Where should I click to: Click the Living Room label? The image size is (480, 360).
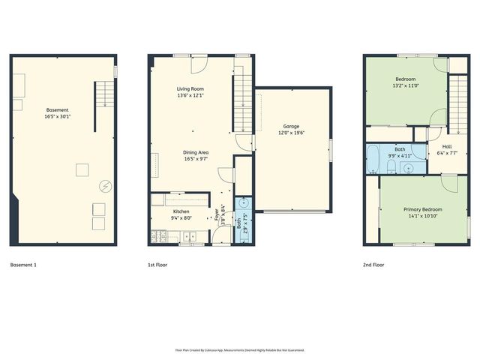point(190,88)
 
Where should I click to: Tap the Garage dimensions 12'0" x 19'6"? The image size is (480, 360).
point(292,133)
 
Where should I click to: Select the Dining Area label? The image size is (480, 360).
point(196,153)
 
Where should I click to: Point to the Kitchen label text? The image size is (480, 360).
point(181,211)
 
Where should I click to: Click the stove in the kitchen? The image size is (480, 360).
point(158,238)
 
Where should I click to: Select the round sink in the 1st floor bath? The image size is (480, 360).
point(244,203)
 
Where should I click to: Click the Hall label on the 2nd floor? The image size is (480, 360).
point(447,146)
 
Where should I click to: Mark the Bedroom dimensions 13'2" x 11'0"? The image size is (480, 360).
point(406,86)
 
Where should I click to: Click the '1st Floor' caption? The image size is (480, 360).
point(157,265)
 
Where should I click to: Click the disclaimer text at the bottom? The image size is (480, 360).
point(239,349)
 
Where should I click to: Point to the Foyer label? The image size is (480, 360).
point(217,216)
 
